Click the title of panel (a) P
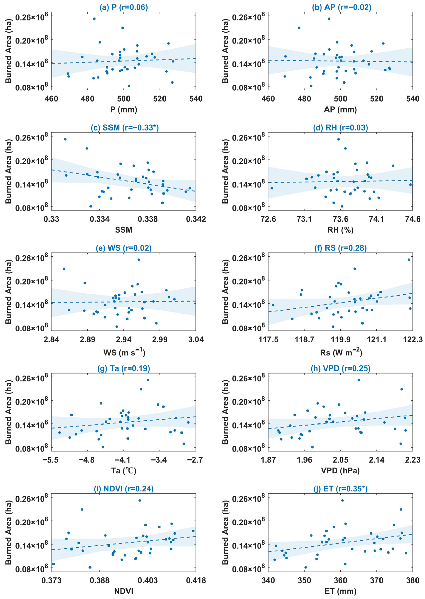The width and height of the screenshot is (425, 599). pyautogui.click(x=123, y=7)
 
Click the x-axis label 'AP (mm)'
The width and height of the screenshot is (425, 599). pyautogui.click(x=340, y=109)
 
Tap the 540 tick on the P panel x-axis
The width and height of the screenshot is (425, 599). pyautogui.click(x=196, y=99)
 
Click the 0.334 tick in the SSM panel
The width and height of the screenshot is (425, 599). pyautogui.click(x=100, y=219)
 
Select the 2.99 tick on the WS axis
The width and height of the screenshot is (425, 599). pyautogui.click(x=160, y=339)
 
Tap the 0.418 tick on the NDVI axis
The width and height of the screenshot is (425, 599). pyautogui.click(x=196, y=580)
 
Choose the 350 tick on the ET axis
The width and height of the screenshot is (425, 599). pyautogui.click(x=304, y=580)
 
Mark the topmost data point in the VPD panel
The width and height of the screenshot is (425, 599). pyautogui.click(x=359, y=380)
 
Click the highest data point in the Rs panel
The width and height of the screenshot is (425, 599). pyautogui.click(x=409, y=260)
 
